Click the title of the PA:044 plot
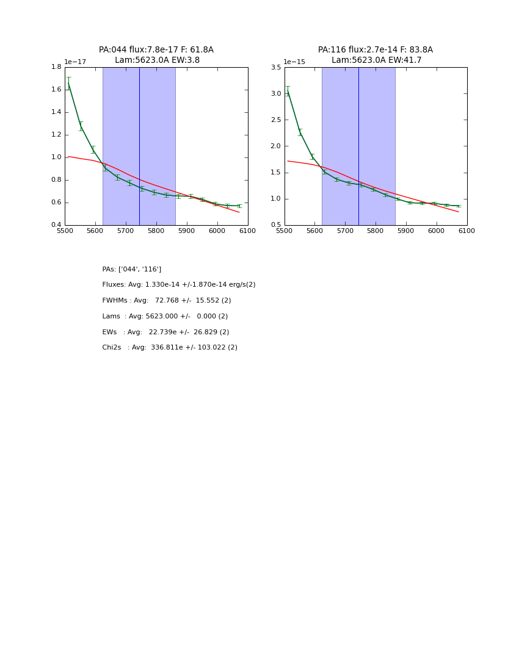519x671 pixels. click(x=156, y=55)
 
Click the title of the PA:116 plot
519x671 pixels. click(x=376, y=55)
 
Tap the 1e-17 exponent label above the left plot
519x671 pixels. click(x=75, y=62)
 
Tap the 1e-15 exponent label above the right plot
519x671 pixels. click(x=294, y=62)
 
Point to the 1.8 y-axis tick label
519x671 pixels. click(x=56, y=67)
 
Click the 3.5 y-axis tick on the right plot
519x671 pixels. click(x=275, y=67)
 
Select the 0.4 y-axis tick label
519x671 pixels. click(x=56, y=225)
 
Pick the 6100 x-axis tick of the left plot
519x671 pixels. click(x=247, y=231)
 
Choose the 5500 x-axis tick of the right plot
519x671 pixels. click(x=285, y=231)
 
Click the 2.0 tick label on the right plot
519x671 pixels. click(x=275, y=146)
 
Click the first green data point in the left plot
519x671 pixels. click(x=68, y=84)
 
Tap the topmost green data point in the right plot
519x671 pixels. click(x=288, y=91)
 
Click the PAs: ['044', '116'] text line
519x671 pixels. click(x=132, y=269)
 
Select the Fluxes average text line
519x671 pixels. click(x=179, y=285)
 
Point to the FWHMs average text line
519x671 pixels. click(x=167, y=301)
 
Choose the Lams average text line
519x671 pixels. click(x=165, y=317)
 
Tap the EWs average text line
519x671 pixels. click(x=165, y=332)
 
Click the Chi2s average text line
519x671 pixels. click(x=170, y=348)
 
